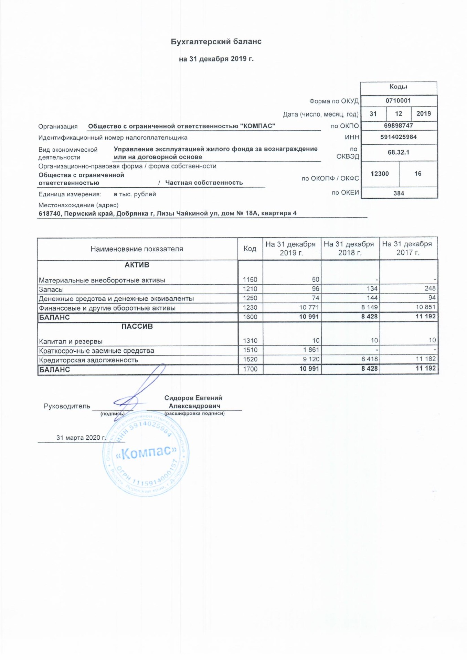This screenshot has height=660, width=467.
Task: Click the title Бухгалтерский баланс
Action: point(216,42)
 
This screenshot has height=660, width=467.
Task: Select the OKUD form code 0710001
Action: point(398,100)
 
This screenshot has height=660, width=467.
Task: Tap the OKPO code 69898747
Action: point(398,125)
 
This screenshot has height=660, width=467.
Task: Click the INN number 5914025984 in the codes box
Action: point(398,137)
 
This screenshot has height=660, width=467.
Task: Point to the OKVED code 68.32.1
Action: point(398,152)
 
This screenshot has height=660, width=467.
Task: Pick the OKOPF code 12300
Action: point(380,174)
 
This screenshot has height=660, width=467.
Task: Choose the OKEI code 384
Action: point(399,193)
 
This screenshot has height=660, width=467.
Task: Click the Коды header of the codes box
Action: point(398,87)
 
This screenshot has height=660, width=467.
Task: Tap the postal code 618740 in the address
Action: point(50,213)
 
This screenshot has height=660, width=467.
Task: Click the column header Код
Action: point(250,249)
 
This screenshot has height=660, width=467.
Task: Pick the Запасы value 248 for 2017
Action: point(430,288)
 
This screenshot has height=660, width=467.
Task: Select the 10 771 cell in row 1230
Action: point(309,307)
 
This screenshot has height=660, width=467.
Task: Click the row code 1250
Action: point(250,298)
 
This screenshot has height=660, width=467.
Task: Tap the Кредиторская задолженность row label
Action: point(88,360)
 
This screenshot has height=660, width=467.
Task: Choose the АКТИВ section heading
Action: point(137,265)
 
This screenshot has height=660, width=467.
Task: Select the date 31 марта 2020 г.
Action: point(81,438)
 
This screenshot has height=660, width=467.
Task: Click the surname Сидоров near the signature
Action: point(180,398)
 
